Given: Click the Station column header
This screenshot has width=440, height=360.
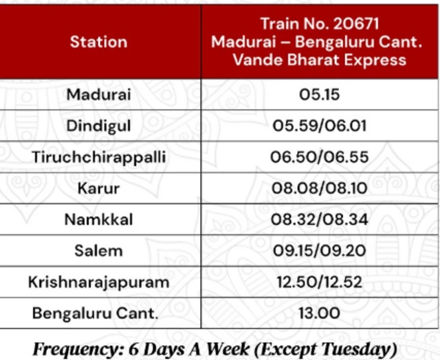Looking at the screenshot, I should click(98, 41).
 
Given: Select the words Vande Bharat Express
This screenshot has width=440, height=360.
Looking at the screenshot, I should click(320, 60).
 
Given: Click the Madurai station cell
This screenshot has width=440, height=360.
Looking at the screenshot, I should click(98, 95).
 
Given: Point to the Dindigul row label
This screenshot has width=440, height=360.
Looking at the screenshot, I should click(98, 126).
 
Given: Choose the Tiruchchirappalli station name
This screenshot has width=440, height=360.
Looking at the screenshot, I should click(98, 157).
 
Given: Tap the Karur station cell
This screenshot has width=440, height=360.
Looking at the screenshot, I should click(98, 188).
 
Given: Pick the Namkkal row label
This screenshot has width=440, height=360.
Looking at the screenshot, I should click(98, 219).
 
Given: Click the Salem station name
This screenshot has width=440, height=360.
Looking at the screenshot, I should click(98, 251).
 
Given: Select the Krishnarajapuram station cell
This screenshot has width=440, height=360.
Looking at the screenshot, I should click(98, 282).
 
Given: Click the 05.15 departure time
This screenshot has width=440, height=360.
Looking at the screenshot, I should click(320, 95).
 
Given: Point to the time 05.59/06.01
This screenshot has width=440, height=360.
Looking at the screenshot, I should click(320, 126).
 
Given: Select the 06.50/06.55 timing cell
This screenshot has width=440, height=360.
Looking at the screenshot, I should click(320, 157).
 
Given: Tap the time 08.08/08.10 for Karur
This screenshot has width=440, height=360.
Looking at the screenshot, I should click(320, 188).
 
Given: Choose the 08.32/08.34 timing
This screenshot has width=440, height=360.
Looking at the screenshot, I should click(320, 219).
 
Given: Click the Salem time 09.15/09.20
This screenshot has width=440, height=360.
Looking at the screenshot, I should click(320, 251).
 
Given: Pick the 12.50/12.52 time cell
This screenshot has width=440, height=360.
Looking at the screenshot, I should click(320, 282).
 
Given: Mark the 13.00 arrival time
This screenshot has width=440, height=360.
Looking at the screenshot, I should click(320, 313).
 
